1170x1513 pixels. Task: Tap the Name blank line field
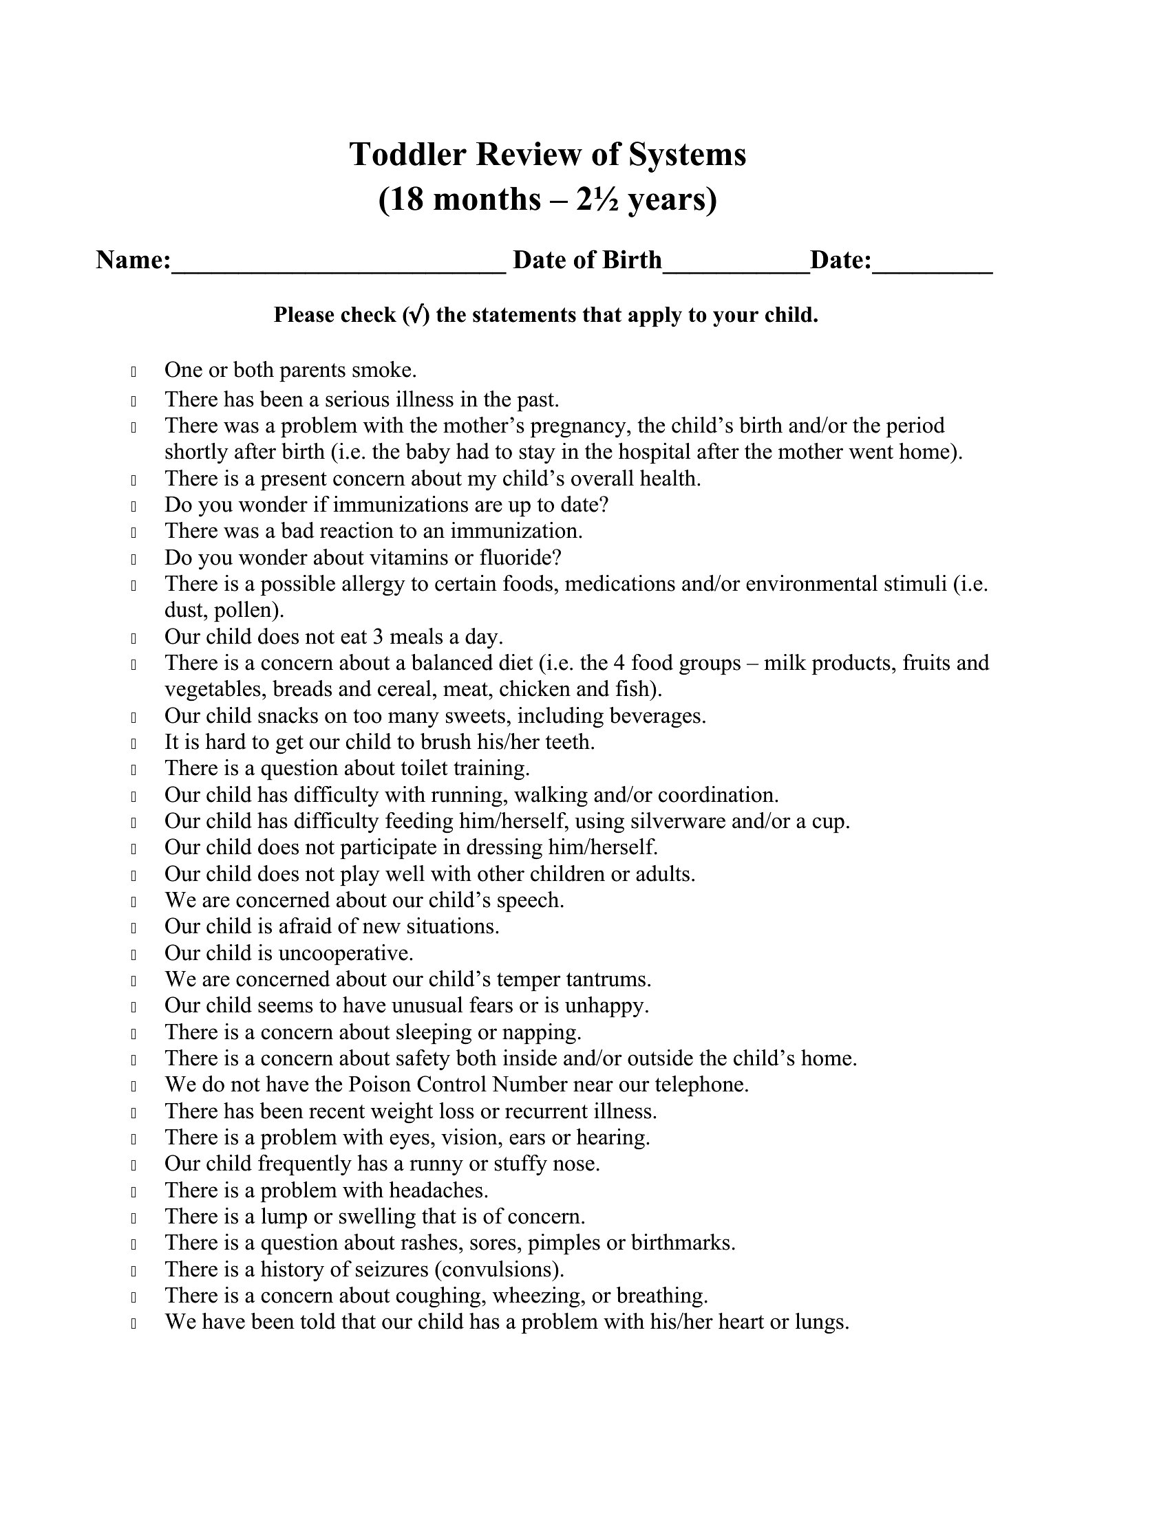pos(338,263)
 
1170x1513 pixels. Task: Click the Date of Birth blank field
pos(736,263)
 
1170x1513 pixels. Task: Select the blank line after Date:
pos(933,263)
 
